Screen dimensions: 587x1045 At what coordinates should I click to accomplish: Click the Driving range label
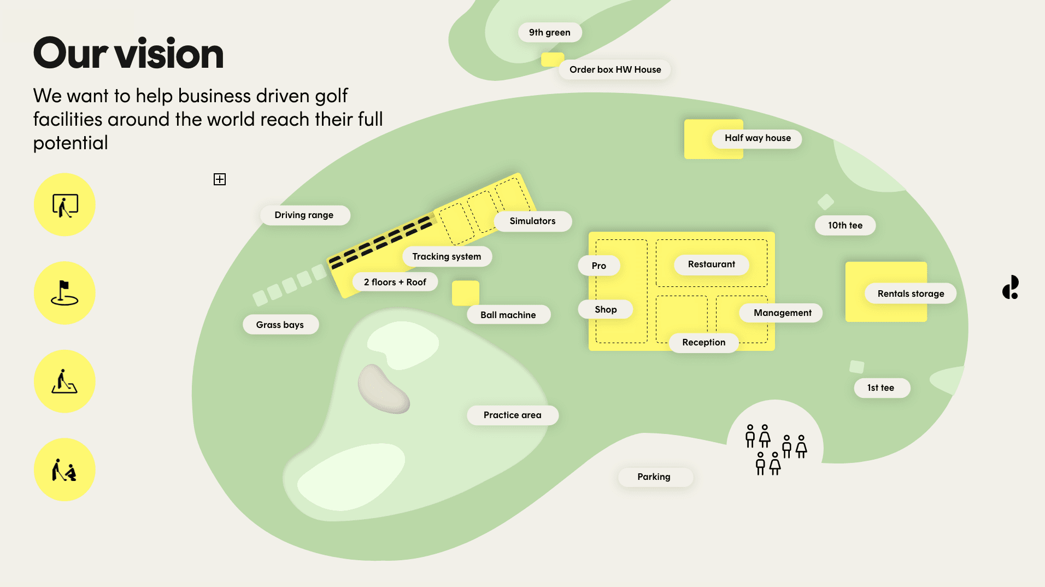304,215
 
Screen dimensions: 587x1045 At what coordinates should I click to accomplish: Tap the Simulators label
532,221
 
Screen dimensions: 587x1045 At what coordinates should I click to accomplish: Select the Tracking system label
447,257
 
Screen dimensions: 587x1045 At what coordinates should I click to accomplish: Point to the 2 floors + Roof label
395,283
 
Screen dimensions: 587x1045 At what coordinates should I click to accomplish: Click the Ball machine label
508,315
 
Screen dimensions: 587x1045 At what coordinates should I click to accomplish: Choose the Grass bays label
280,325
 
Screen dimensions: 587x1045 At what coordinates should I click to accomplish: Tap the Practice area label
512,415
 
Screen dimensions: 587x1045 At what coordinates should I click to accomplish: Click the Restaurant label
711,265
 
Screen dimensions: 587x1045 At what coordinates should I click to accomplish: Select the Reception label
703,343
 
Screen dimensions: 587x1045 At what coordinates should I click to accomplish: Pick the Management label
782,313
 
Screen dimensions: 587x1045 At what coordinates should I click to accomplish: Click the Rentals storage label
911,294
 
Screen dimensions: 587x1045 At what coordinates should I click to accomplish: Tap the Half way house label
758,138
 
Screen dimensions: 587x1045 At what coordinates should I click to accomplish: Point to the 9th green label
549,33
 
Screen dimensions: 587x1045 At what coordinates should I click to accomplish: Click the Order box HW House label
615,70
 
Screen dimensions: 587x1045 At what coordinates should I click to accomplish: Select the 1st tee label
880,388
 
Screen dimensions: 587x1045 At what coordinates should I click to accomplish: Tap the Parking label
654,477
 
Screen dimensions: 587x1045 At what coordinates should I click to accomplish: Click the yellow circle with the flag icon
64,293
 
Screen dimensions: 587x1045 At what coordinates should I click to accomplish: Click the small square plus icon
220,179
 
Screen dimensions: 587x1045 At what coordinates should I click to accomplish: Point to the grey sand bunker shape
383,389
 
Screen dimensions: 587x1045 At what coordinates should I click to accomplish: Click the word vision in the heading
169,54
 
